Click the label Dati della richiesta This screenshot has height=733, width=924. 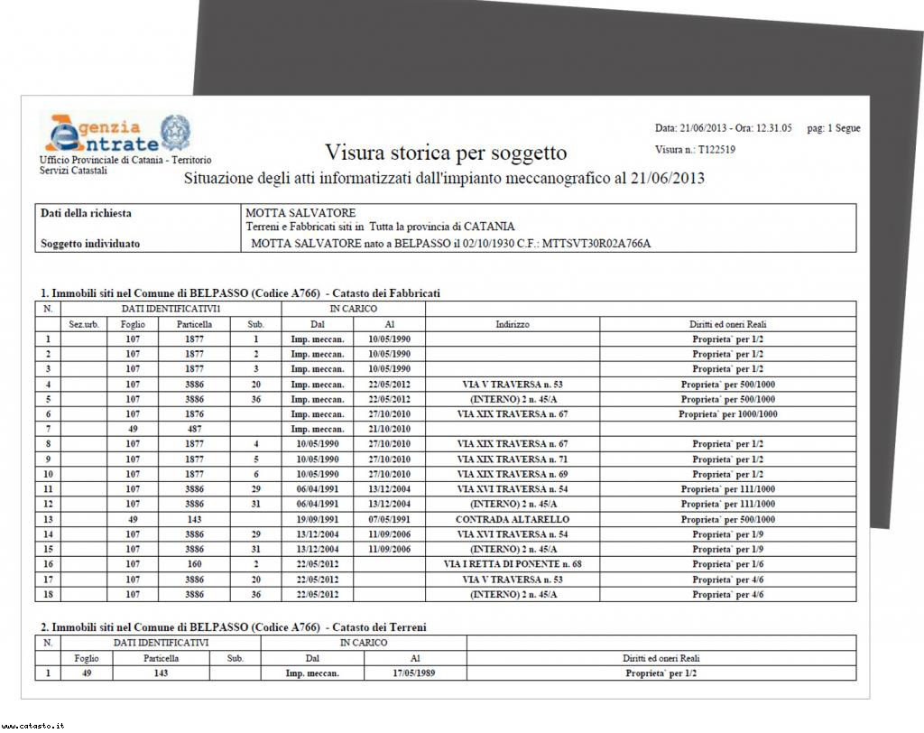click(x=86, y=213)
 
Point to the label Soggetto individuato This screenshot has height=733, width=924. click(x=90, y=243)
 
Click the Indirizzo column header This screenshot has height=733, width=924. click(x=512, y=323)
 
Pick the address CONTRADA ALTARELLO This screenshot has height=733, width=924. click(x=512, y=519)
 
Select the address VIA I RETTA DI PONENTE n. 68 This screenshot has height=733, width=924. click(x=512, y=564)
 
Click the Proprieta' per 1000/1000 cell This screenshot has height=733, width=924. click(x=727, y=414)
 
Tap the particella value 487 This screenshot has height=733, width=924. click(x=194, y=429)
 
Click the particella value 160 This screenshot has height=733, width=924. click(x=194, y=564)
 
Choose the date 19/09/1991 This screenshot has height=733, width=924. click(x=317, y=519)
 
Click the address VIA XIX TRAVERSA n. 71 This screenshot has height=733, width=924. click(x=512, y=459)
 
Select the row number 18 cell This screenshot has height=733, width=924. click(x=48, y=595)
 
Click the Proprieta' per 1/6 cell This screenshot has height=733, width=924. click(x=727, y=564)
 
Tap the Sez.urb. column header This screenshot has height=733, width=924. click(x=84, y=323)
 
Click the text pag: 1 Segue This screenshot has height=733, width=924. click(x=833, y=128)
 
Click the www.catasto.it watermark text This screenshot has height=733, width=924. click(x=32, y=725)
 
